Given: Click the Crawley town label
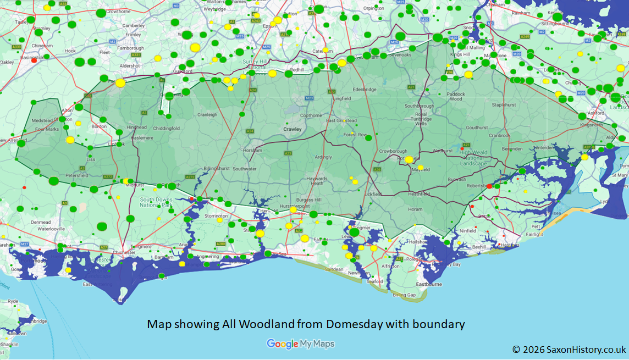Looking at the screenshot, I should [x=293, y=129].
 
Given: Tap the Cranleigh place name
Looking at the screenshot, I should [x=207, y=115].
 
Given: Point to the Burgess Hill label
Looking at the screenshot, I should [x=308, y=201].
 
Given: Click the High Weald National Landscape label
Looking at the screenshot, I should [x=473, y=158].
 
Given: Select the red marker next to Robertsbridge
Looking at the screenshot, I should [x=489, y=186].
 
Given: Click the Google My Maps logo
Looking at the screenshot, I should [x=300, y=344].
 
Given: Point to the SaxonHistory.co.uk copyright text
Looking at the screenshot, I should [x=569, y=349].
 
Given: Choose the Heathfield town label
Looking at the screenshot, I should [x=419, y=193].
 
